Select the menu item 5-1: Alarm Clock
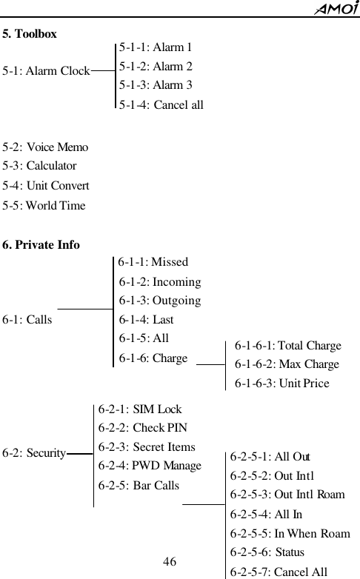point(46,72)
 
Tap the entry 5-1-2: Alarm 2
point(156,67)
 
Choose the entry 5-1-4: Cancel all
point(161,105)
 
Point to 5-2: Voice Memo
point(45,147)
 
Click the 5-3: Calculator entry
point(39,167)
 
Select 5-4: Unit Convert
point(46,186)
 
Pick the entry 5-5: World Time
point(44,205)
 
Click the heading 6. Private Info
point(41,245)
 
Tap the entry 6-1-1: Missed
point(153,261)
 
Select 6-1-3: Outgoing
point(160,301)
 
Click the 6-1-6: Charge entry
point(153,358)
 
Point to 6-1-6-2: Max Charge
point(287,364)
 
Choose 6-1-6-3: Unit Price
point(281,384)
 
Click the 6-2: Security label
point(34,452)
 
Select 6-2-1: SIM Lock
point(140,409)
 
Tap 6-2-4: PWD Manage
point(150,466)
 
